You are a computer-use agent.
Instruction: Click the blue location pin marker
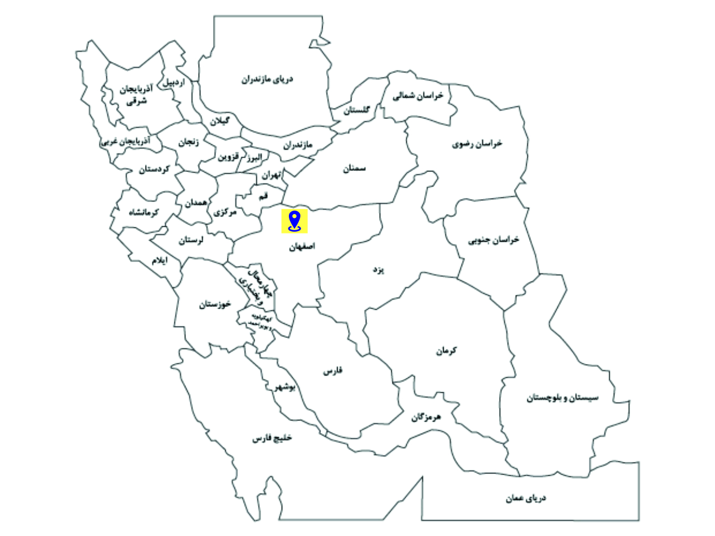coord(294,221)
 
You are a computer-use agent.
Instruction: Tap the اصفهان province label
coord(302,247)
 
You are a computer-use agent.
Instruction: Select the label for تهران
coord(271,175)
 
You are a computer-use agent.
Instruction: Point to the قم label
coord(263,196)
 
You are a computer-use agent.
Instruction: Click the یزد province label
coord(378,269)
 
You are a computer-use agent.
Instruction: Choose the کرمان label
coord(446,350)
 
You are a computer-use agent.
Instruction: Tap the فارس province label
coord(333,371)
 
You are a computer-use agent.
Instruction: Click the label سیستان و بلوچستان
coord(562,398)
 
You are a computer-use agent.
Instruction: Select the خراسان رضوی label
coord(477,144)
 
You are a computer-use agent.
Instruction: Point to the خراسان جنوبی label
coord(494,240)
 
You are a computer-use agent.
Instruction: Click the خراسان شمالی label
coord(418,96)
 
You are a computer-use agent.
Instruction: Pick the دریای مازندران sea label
coord(267,79)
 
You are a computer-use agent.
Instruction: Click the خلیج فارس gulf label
coord(272,438)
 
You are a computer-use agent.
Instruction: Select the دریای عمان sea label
coord(525,498)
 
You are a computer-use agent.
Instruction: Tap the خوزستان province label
coord(215,304)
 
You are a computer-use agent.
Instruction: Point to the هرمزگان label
coord(426,417)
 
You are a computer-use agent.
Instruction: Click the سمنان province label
coord(354,168)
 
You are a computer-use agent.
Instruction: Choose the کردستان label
coord(153,169)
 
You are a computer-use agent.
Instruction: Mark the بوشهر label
coord(286,387)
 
